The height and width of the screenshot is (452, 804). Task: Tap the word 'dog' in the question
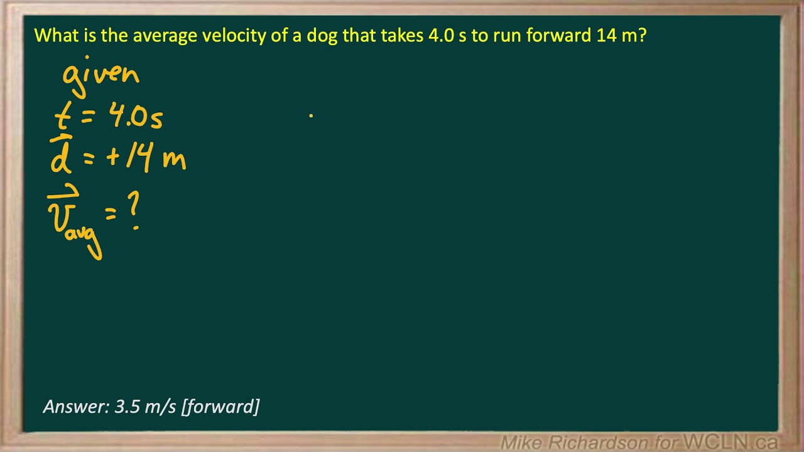(322, 36)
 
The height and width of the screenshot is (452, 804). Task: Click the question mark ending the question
(642, 35)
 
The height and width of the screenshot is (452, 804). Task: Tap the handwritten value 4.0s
(136, 117)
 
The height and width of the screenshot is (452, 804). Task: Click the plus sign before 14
(114, 157)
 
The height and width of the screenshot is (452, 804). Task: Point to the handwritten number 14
(139, 157)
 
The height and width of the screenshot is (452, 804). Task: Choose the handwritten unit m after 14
(174, 159)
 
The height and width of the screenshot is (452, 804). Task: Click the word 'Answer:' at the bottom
(76, 407)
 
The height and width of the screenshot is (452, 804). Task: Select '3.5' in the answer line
(128, 407)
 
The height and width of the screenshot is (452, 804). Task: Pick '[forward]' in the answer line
(220, 407)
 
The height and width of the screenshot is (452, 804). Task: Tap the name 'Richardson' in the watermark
(602, 443)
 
